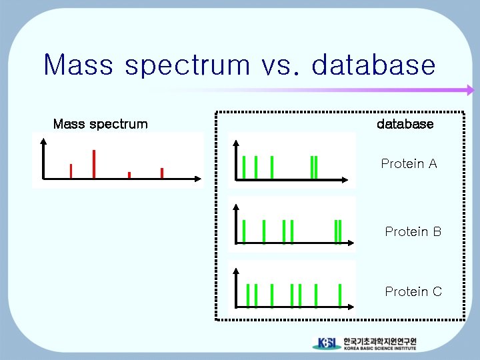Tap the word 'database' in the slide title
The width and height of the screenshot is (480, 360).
373,65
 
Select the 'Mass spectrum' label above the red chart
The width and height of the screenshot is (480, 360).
100,124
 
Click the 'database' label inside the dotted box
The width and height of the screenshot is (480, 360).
405,124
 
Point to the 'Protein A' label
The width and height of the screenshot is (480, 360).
409,164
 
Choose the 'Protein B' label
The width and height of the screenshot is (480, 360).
413,232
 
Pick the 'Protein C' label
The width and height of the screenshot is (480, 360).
413,292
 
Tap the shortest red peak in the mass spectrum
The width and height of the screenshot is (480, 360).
129,175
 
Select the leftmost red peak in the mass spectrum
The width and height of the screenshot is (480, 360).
71,171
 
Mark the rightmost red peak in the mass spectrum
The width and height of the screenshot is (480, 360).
162,173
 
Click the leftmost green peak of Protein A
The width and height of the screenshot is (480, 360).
244,167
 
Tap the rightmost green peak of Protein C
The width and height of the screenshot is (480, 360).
340,296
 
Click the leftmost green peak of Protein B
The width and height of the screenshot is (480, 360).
244,231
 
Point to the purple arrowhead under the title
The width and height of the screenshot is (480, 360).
469,90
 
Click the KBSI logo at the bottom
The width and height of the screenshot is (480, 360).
327,343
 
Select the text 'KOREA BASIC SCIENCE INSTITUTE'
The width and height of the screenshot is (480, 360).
380,348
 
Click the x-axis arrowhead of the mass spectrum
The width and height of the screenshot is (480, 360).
198,179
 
